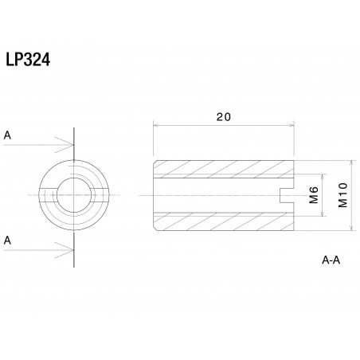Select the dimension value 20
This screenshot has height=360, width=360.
pyautogui.click(x=224, y=117)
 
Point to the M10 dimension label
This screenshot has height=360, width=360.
pyautogui.click(x=342, y=194)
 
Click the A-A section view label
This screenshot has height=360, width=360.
pyautogui.click(x=332, y=260)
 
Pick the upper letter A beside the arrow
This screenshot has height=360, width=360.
pyautogui.click(x=7, y=135)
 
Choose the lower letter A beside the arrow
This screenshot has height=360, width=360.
pyautogui.click(x=7, y=239)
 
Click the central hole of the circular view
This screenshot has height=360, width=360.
pyautogui.click(x=73, y=195)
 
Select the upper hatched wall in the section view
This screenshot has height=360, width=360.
pyautogui.click(x=223, y=167)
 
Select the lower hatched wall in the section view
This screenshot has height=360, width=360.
pyautogui.click(x=223, y=221)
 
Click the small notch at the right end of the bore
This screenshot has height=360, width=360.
pyautogui.click(x=287, y=194)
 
